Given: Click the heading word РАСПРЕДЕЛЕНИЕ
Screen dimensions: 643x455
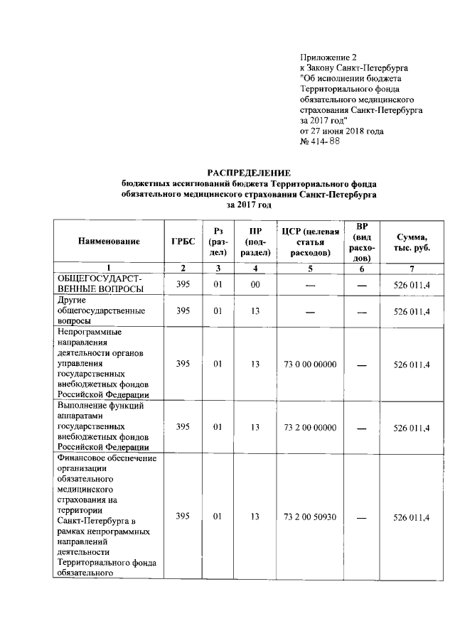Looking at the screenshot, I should click(249, 173).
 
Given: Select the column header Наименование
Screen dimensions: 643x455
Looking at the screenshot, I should click(109, 241).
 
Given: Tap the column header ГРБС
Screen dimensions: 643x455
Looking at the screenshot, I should click(183, 241).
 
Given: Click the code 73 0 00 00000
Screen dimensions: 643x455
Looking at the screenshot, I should click(309, 364).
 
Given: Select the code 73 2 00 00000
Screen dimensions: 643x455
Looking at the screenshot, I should click(309, 427).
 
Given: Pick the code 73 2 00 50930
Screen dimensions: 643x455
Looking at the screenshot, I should click(309, 517).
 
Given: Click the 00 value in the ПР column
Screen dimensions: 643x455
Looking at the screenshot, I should click(255, 285).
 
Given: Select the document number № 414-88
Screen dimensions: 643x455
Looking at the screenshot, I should click(321, 141).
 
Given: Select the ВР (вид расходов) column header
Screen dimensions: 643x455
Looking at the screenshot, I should click(360, 241).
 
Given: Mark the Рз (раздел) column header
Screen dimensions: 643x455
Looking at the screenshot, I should click(218, 241).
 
